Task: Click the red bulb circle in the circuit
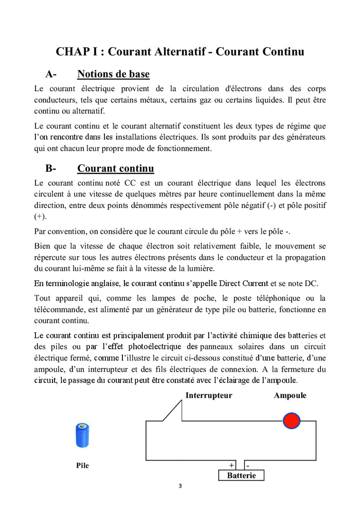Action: tap(292, 420)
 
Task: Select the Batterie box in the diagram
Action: tap(241, 475)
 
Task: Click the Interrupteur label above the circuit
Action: tap(209, 396)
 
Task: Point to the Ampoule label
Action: tap(290, 396)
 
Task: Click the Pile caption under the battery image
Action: tap(82, 465)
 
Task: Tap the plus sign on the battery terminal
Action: tap(231, 465)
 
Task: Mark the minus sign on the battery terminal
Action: tap(247, 465)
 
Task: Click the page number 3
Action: tap(180, 486)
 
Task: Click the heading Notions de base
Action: tap(113, 74)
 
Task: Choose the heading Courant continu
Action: tap(115, 168)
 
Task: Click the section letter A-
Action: tap(51, 74)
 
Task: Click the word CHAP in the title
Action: tap(72, 51)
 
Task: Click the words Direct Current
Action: tap(243, 284)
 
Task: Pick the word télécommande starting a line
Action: tap(58, 309)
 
